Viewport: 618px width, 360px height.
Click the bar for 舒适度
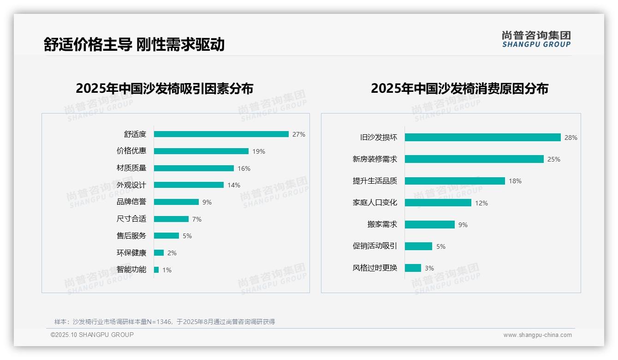tap(221, 134)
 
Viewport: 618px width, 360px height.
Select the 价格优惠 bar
tap(201, 151)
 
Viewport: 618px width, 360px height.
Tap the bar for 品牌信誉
tap(176, 202)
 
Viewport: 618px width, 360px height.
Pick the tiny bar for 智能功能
tap(156, 270)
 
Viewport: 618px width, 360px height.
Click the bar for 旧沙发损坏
tap(482, 138)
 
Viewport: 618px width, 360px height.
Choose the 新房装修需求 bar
tap(474, 159)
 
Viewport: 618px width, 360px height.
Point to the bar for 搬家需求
tap(430, 225)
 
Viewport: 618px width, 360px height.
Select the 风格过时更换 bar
tap(413, 268)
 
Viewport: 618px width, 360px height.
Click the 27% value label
tap(299, 134)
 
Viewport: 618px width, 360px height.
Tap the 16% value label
tap(244, 168)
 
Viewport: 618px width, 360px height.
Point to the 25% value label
tap(554, 159)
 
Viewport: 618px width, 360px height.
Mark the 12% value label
tap(481, 203)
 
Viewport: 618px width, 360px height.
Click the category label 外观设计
tap(131, 185)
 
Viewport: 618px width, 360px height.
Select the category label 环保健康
tap(131, 253)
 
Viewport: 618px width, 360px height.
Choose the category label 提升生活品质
tap(375, 181)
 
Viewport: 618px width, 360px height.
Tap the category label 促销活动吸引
tap(375, 246)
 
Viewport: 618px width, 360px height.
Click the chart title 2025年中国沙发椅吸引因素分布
tap(165, 89)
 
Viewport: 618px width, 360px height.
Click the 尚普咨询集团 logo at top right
tap(536, 39)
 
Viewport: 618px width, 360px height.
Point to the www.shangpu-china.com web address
tap(537, 335)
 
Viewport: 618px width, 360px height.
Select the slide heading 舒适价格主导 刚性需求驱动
tap(134, 45)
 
